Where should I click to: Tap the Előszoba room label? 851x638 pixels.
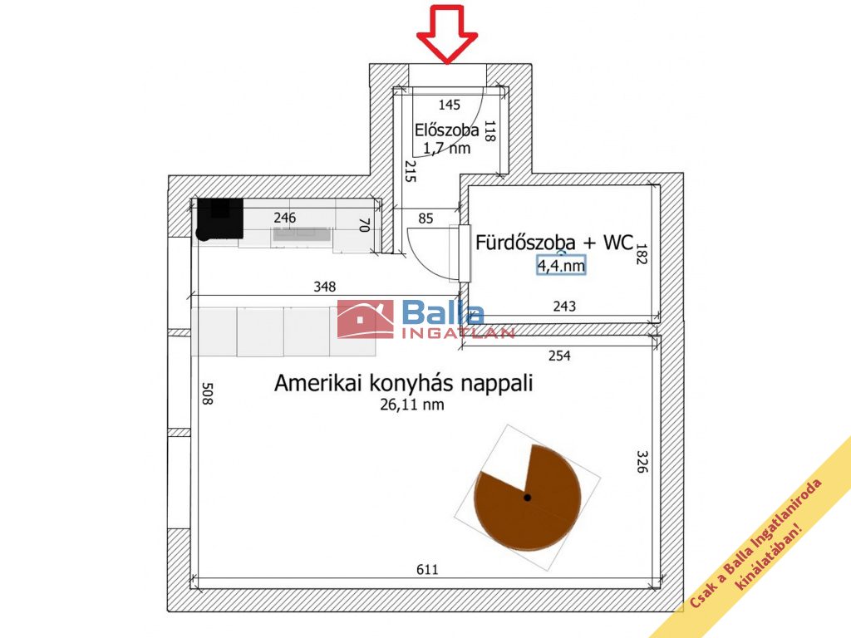pos(446,130)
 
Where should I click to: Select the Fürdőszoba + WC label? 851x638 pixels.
pos(554,243)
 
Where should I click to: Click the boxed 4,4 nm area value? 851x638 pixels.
pos(561,265)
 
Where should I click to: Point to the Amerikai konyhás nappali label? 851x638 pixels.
pos(403,383)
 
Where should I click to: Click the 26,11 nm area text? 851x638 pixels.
pos(412,405)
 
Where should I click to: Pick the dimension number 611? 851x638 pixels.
pos(427,570)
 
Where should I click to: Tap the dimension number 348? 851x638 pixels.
pos(325,287)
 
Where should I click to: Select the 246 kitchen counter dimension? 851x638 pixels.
pos(284,218)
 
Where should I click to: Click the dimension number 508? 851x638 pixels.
pos(207,393)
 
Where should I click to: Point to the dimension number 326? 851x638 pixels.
pos(642,461)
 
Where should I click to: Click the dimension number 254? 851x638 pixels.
pos(559,356)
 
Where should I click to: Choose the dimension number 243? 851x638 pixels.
pos(564,307)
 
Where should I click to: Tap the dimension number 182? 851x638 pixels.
pos(642,253)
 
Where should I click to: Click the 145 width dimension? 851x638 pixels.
pos(450,105)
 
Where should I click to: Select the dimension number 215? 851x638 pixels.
pos(411,171)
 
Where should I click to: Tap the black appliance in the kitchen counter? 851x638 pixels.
pos(219,218)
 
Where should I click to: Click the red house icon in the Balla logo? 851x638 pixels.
pos(365,319)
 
